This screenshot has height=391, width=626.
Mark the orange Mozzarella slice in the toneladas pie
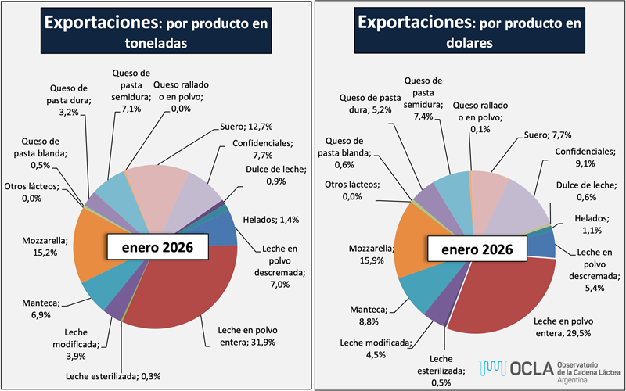[106, 246]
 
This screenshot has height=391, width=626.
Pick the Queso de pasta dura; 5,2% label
[367, 103]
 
